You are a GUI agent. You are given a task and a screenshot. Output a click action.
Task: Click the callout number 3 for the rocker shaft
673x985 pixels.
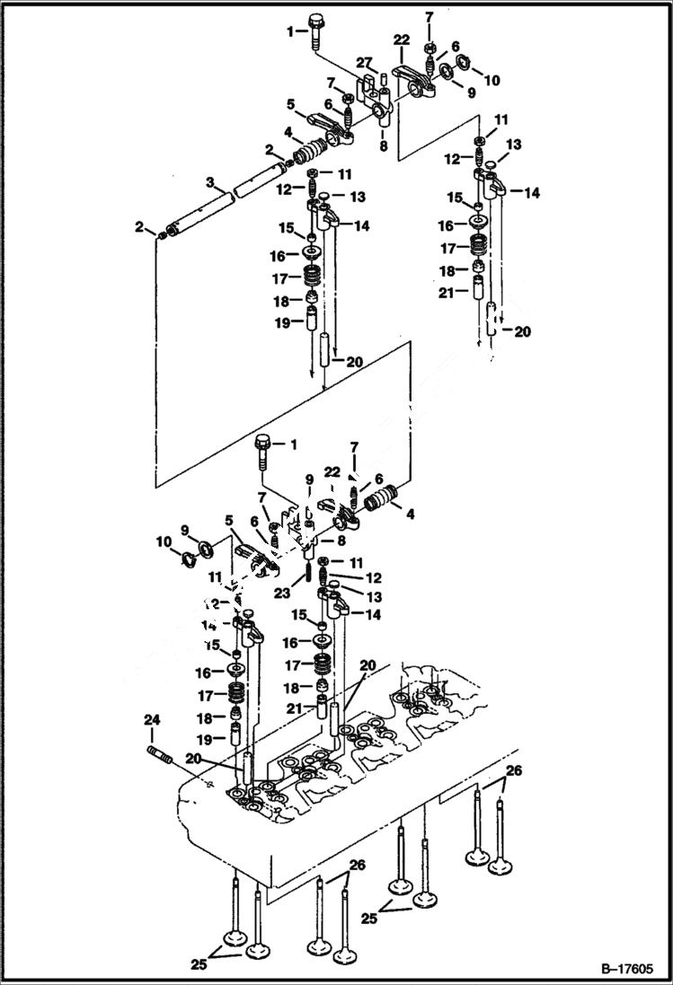pyautogui.click(x=208, y=182)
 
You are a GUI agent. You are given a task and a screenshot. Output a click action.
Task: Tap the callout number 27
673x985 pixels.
pyautogui.click(x=363, y=61)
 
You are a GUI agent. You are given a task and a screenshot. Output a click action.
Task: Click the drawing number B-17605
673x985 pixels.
pyautogui.click(x=622, y=970)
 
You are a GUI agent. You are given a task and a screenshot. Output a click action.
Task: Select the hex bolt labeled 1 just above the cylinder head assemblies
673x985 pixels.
pyautogui.click(x=262, y=451)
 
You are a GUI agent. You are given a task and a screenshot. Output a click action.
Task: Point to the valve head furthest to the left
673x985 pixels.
pyautogui.click(x=236, y=939)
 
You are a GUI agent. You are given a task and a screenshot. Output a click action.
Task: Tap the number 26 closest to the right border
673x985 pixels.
pyautogui.click(x=513, y=770)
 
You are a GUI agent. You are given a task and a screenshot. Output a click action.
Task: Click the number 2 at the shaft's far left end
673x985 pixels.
pyautogui.click(x=140, y=226)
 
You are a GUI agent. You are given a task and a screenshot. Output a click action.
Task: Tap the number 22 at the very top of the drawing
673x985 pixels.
pyautogui.click(x=401, y=40)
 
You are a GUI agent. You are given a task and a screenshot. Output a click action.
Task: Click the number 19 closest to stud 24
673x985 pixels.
pyautogui.click(x=205, y=740)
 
